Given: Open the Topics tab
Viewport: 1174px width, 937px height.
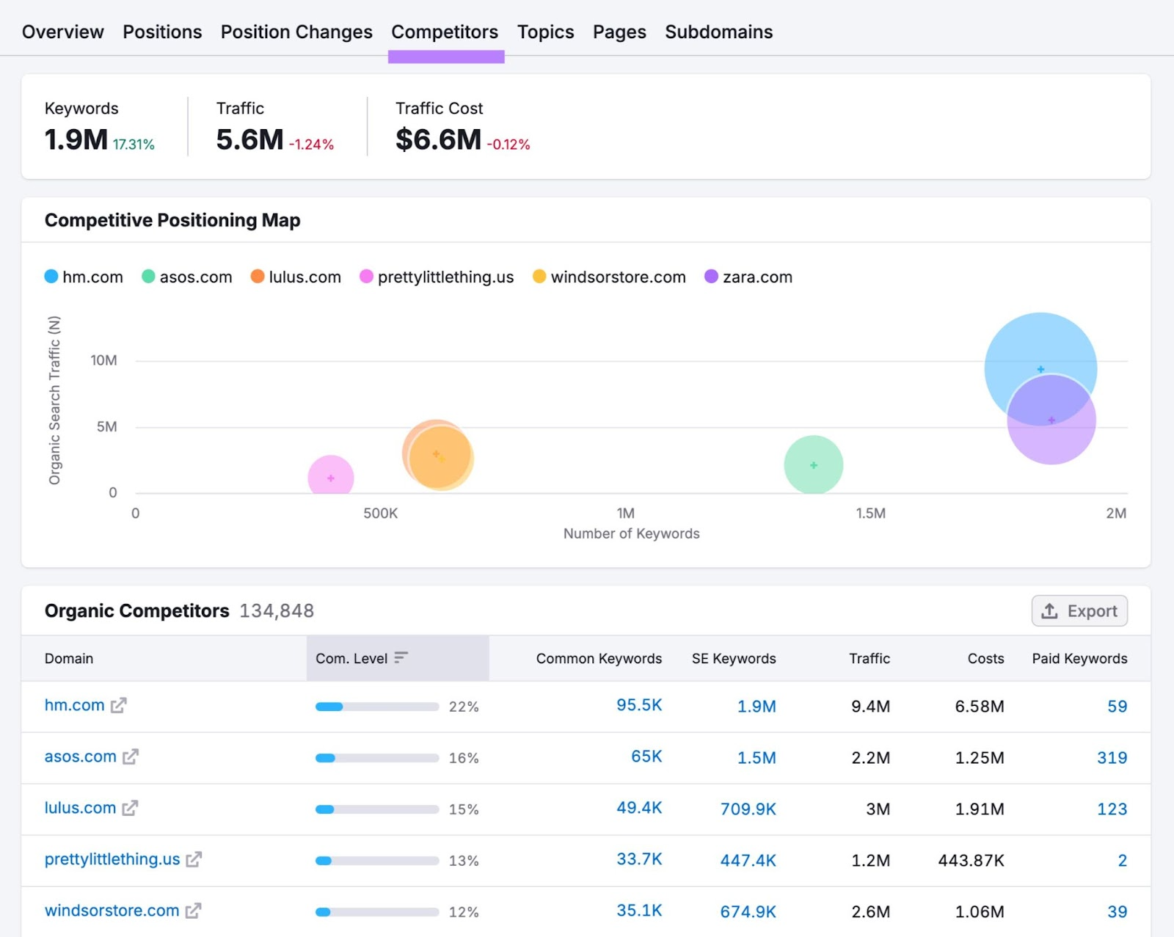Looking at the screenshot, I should click(x=545, y=32).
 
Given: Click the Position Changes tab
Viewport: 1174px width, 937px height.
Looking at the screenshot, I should click(x=296, y=32).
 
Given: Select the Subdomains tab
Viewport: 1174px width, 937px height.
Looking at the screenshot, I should click(x=718, y=32).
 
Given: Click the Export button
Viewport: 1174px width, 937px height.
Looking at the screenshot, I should click(x=1079, y=610).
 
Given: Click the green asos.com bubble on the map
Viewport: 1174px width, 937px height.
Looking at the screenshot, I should click(x=813, y=464).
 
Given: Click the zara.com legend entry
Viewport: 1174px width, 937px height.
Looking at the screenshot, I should click(x=748, y=277).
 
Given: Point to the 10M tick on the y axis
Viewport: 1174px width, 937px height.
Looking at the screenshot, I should click(x=103, y=360).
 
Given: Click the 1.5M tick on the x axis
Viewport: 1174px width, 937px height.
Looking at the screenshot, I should click(x=870, y=513).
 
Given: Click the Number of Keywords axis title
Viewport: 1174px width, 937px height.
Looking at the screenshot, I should click(x=631, y=533).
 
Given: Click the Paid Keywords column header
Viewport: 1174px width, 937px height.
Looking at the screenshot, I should click(x=1079, y=658).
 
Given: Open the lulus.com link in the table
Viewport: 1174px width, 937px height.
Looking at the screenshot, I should click(x=80, y=808).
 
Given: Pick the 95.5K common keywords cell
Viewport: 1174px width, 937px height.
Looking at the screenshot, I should click(x=638, y=705).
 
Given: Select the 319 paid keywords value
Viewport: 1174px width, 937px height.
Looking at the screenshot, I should click(x=1111, y=757).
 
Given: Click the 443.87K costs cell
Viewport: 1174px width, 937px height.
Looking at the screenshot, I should click(x=970, y=860).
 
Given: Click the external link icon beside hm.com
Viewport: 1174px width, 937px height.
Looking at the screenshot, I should click(x=119, y=705).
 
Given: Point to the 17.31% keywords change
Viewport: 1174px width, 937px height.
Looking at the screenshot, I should click(x=134, y=145).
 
